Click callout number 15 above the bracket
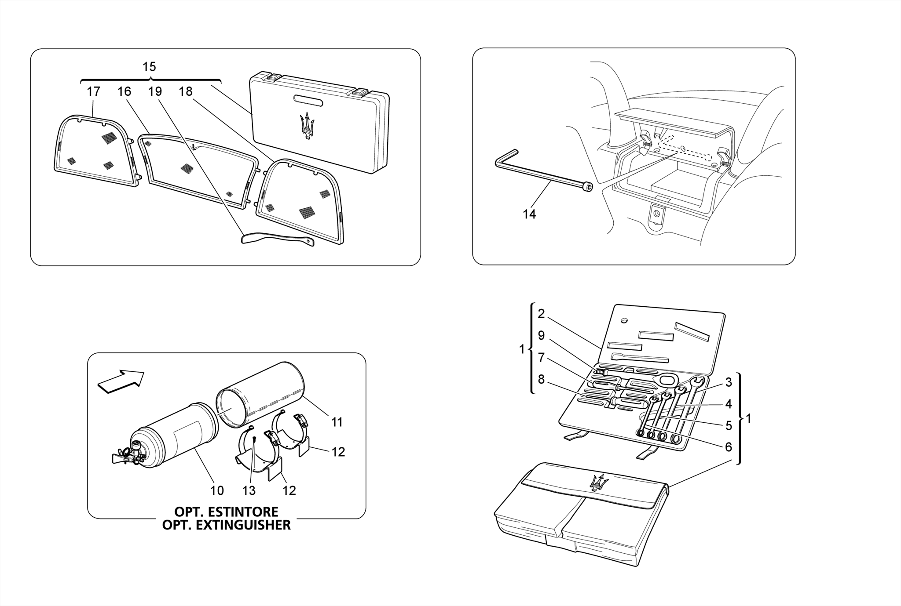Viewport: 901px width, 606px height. (x=149, y=67)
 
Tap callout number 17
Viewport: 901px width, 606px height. (x=93, y=91)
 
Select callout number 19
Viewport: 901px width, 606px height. (x=155, y=91)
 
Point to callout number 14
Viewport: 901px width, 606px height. (x=529, y=214)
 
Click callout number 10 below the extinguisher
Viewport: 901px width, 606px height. (x=217, y=490)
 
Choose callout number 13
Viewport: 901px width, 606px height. (x=249, y=490)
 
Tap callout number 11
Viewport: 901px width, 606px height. (x=337, y=422)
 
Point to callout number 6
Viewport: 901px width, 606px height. (x=728, y=447)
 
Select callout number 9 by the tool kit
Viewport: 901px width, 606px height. (x=541, y=336)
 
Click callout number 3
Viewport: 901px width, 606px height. (x=728, y=382)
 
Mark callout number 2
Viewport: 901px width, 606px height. (x=541, y=314)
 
